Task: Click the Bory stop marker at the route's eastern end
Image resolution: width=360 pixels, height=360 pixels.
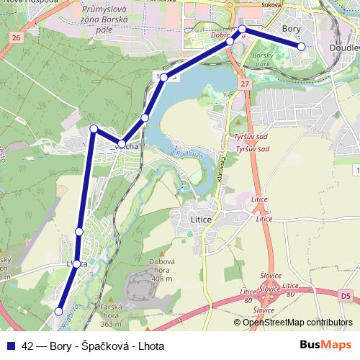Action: (x=301, y=47)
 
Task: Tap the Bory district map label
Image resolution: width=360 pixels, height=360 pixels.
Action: (x=292, y=29)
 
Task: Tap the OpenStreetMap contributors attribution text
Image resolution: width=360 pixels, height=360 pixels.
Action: (x=297, y=322)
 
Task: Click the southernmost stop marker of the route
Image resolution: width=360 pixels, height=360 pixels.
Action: (x=59, y=312)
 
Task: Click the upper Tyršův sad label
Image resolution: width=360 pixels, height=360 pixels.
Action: (x=251, y=136)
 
